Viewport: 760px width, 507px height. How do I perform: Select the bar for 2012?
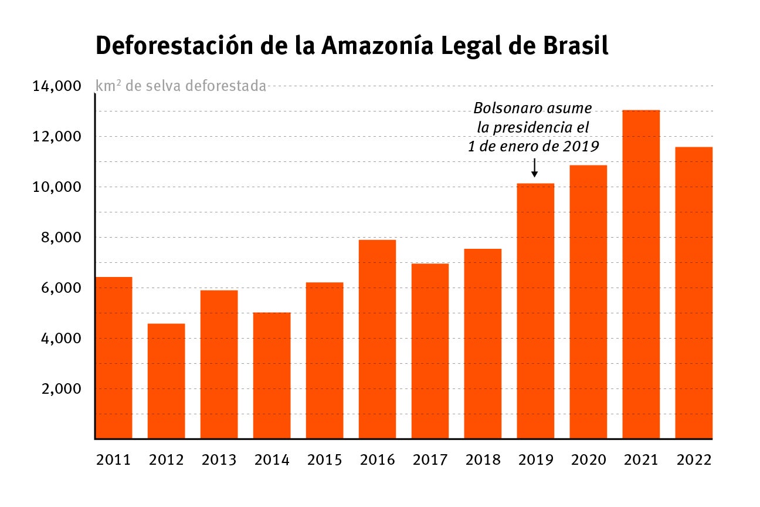click(166, 381)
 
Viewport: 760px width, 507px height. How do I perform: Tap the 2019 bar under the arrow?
click(535, 311)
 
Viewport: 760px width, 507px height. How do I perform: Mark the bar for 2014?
click(272, 376)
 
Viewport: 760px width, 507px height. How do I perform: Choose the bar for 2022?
click(694, 293)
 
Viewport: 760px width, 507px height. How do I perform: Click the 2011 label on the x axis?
click(113, 459)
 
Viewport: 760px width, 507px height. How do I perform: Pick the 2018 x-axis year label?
click(483, 459)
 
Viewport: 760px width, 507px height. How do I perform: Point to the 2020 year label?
click(588, 459)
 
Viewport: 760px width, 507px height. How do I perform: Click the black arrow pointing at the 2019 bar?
click(534, 167)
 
